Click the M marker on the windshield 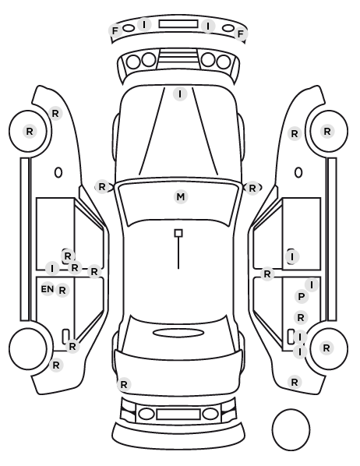tap(181, 196)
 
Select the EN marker tap(48, 289)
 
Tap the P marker tap(301, 297)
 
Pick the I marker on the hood tap(180, 94)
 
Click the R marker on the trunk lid tap(124, 384)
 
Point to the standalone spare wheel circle tap(291, 410)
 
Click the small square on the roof tap(178, 233)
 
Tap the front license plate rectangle tap(178, 24)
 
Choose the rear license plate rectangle tap(178, 414)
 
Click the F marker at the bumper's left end tap(115, 31)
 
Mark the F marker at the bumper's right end tap(241, 34)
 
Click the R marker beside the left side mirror tap(101, 187)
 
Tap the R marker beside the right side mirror tap(252, 188)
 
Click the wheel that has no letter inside tap(28, 329)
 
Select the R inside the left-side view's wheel tap(29, 131)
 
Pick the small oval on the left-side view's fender tap(58, 172)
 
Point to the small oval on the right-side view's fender tap(298, 172)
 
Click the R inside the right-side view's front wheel tap(327, 131)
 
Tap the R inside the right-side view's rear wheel tap(326, 348)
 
